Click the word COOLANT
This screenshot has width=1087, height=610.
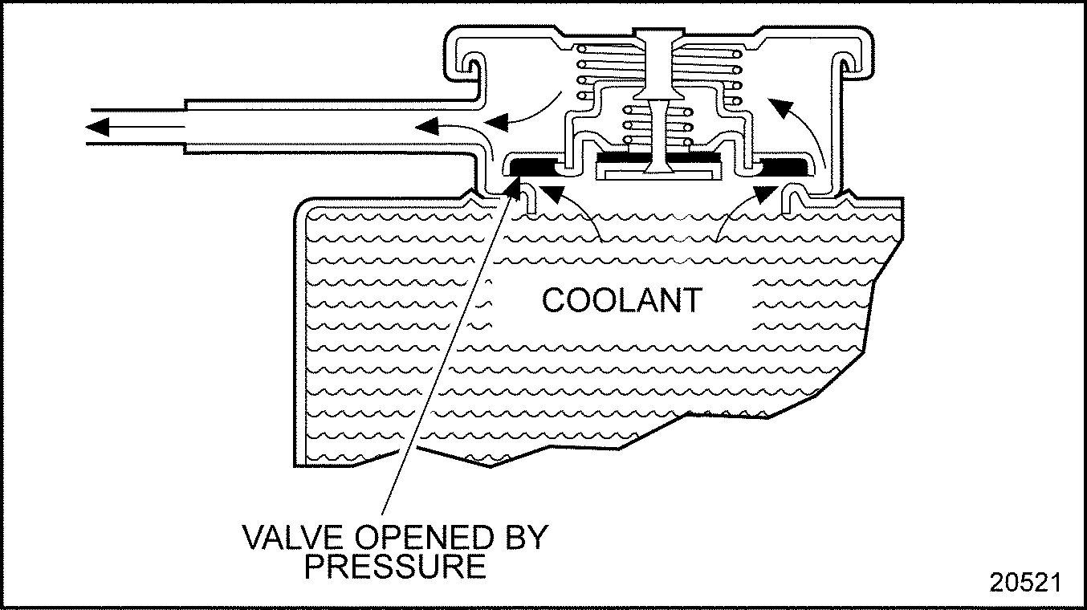[x=621, y=300]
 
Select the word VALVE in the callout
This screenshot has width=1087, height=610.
[x=283, y=538]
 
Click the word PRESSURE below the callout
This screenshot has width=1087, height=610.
[x=394, y=567]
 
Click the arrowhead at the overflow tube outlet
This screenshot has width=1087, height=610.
[x=100, y=126]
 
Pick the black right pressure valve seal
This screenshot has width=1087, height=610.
[x=783, y=166]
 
